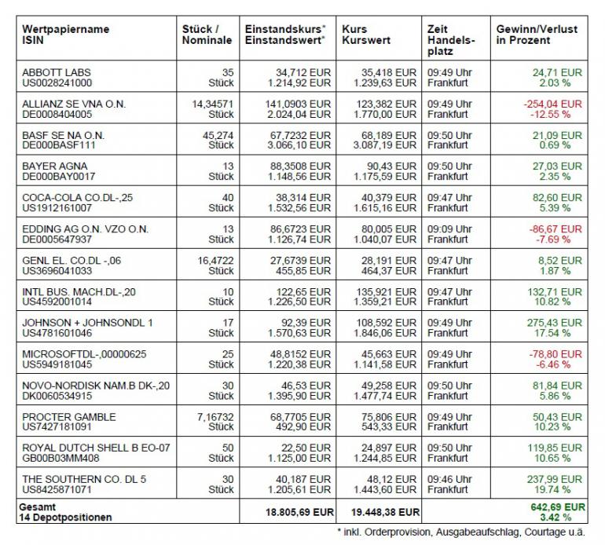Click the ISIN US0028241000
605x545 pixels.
[57, 82]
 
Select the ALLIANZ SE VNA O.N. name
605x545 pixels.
[74, 104]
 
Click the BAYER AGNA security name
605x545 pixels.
[56, 166]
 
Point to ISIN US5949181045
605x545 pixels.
[58, 364]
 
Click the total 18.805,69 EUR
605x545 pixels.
[292, 512]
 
